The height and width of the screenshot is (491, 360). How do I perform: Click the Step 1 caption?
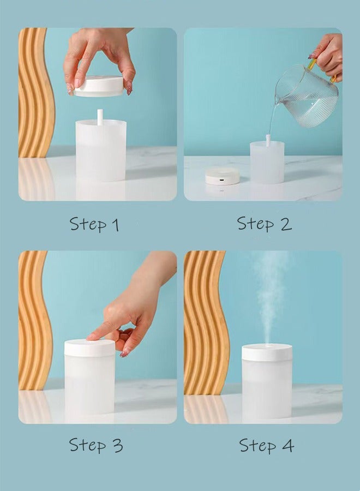[x=94, y=224]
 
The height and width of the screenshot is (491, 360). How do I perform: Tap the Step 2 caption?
[x=264, y=224]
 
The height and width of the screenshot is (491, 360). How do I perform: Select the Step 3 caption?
[x=95, y=445]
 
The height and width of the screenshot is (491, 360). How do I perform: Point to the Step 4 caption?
[x=266, y=445]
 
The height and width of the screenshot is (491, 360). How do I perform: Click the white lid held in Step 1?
[x=99, y=86]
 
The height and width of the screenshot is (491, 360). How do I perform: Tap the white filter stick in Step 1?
[x=100, y=117]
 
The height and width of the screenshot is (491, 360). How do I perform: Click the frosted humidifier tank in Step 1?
[x=101, y=152]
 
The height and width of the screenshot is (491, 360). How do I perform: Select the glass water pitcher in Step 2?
[x=307, y=96]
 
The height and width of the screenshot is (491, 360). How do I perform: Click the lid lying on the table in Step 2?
[x=222, y=176]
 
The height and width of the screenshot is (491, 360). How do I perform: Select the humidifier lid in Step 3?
[x=89, y=348]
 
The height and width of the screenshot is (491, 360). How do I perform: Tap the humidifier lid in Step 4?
[x=267, y=352]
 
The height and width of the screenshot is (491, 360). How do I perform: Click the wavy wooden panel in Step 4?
[x=205, y=322]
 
